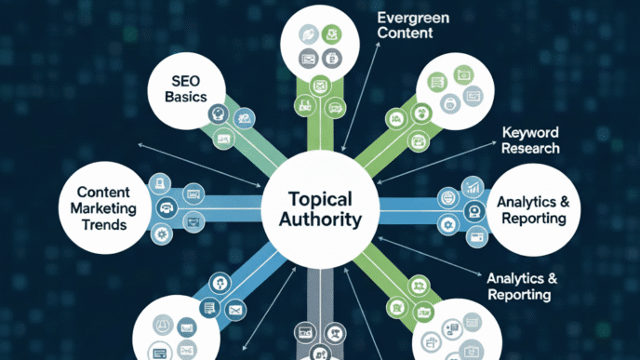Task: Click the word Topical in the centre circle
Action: (319, 199)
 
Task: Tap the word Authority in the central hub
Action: (319, 222)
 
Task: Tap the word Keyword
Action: (529, 131)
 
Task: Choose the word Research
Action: (529, 148)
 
